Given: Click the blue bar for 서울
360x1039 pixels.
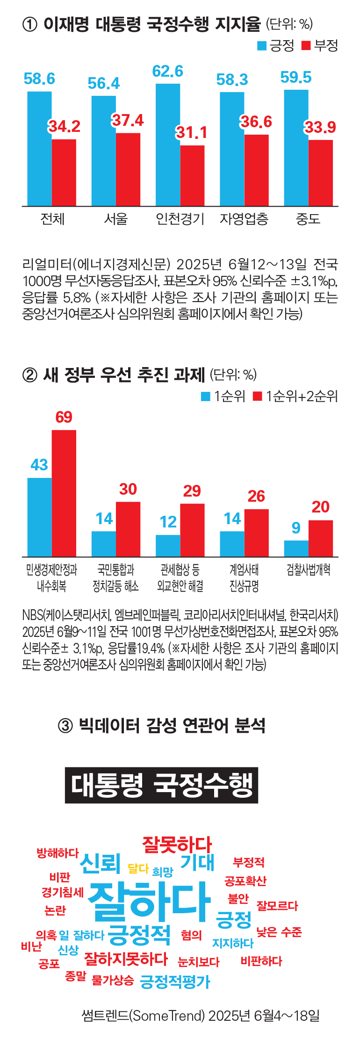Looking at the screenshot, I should pos(103,151).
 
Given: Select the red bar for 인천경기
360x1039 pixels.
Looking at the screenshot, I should pos(192,175).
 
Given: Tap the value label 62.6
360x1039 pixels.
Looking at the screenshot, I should pos(167,72).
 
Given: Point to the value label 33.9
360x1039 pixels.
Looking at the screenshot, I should pos(320,127).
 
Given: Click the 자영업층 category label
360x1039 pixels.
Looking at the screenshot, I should pos(244,219).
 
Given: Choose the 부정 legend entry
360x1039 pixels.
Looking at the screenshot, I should pos(320,45).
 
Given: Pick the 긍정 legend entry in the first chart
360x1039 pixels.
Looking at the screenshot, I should pos(276,45).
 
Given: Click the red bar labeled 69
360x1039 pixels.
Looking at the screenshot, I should pos(64,493).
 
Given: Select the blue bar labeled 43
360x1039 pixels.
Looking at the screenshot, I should pos(40,517).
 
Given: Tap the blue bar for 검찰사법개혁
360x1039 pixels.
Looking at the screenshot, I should pos(296,548).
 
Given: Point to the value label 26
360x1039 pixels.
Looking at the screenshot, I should pos(256,496).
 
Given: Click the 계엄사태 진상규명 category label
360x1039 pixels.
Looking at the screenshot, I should pos(244,577).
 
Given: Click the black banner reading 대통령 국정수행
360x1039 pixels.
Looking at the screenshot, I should pos(161,785).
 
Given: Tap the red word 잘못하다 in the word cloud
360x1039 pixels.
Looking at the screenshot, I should pos(177,844).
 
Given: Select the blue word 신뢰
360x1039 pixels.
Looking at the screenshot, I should pos(100,863).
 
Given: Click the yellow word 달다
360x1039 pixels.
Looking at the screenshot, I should pos(138,869).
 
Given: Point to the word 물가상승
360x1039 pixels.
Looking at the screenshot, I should pos(113,980).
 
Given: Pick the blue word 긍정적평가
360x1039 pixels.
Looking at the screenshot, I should pos(175,981).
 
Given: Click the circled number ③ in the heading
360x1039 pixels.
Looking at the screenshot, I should pos(65,726).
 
